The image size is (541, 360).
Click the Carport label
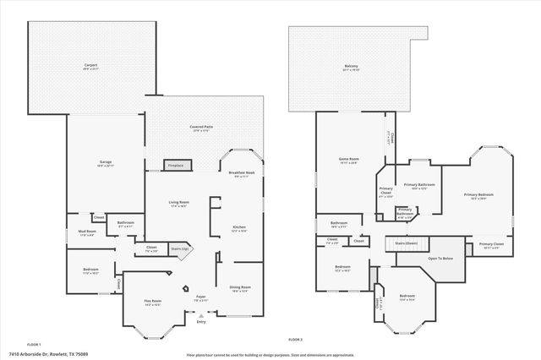90,65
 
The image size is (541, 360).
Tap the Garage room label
106,161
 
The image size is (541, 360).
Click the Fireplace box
175,166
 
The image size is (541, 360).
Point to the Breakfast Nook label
241,172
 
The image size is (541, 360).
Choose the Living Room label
178,202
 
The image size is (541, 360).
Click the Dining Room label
239,287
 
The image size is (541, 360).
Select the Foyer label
201,297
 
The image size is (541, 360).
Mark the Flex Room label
152,301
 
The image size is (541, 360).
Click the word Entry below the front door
200,322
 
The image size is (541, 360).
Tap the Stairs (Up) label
178,249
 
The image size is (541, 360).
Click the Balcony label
352,66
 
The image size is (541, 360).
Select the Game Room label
348,158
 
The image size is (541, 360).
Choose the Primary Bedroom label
478,195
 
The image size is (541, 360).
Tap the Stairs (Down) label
407,243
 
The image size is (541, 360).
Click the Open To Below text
440,258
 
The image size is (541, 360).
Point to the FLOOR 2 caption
295,339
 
